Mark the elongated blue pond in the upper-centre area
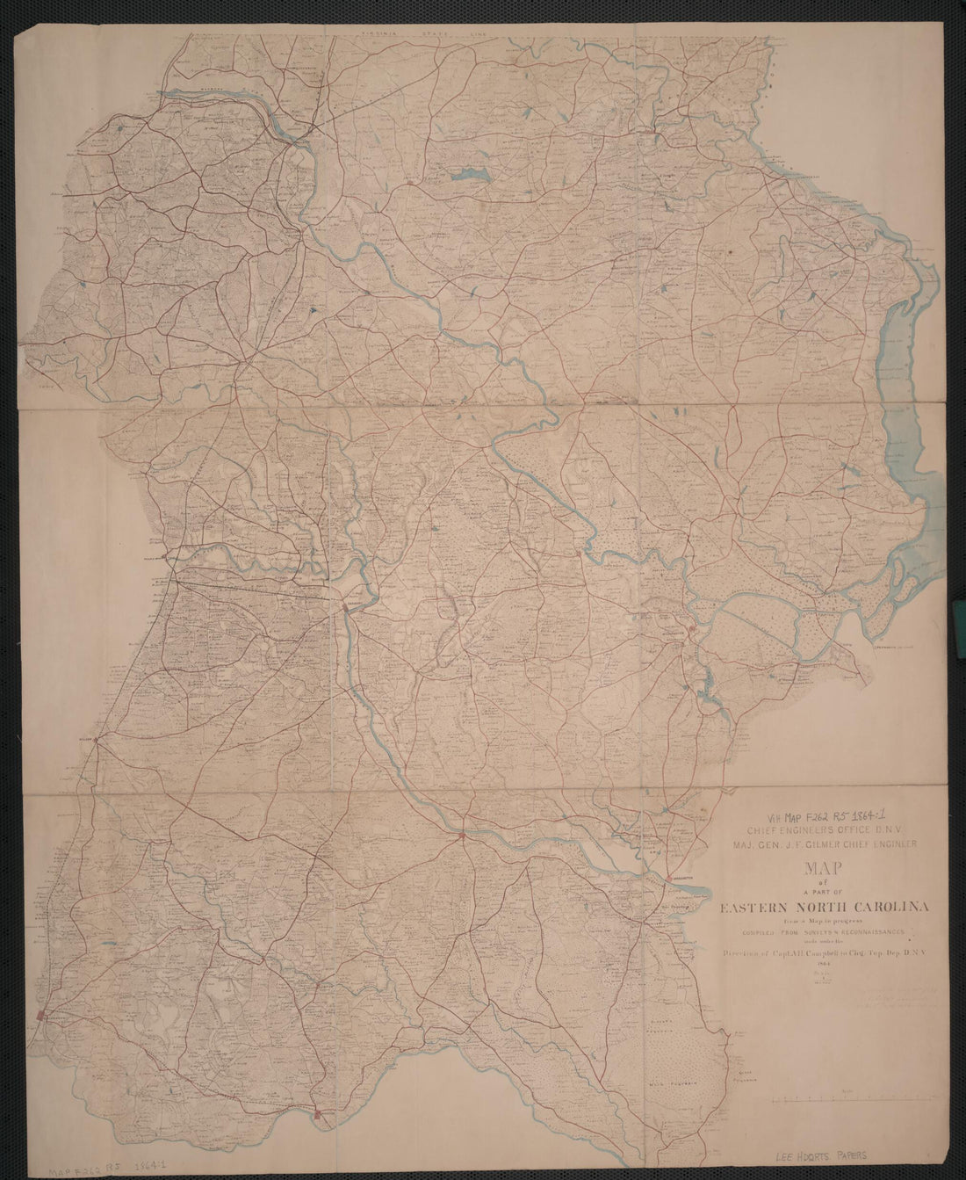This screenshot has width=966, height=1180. (x=470, y=174)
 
